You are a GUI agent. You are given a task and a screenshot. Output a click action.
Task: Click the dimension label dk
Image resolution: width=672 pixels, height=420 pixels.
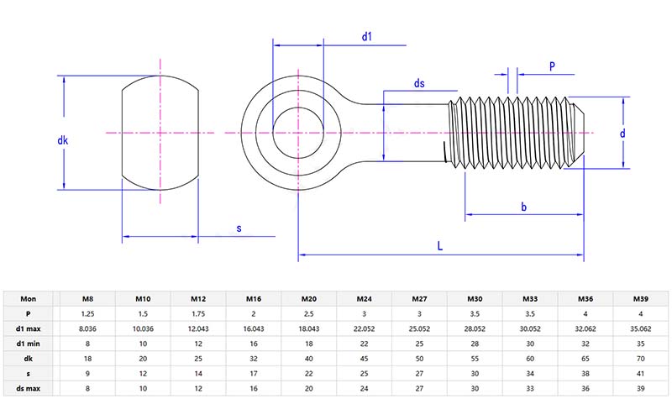[x=62, y=141]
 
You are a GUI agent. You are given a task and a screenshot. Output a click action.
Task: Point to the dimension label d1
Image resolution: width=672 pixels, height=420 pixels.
[x=366, y=36]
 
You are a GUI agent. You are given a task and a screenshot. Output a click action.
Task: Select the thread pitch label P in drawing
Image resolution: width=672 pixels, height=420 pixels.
[x=551, y=66]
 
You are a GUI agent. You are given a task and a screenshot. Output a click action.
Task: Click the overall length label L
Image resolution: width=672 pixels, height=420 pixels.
[x=440, y=244]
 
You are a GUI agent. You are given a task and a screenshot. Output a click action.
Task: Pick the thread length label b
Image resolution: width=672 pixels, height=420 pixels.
[x=523, y=207]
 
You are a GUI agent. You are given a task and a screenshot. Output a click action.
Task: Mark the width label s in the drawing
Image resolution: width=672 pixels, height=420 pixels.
[x=239, y=228]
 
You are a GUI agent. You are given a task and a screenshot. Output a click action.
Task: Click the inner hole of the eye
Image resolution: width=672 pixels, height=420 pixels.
[x=297, y=133]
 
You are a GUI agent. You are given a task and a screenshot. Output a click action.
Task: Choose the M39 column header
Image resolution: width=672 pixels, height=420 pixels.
[x=639, y=298]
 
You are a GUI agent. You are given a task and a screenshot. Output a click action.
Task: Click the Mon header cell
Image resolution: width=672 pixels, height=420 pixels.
[x=29, y=298]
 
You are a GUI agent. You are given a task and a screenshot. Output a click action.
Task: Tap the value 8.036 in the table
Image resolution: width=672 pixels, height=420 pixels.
[x=87, y=328]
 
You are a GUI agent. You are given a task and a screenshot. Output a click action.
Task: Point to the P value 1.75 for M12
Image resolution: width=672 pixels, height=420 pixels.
[x=197, y=313]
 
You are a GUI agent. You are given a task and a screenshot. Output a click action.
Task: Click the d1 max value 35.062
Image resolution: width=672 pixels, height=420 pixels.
[x=639, y=328]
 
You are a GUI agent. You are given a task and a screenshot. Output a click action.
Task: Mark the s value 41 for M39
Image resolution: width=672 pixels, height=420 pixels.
[x=639, y=374]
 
